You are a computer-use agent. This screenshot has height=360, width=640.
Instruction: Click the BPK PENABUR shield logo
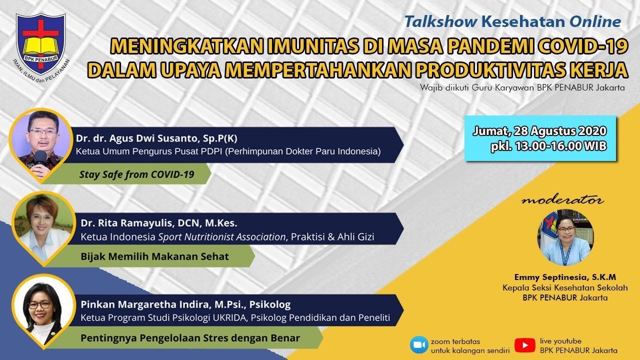pyautogui.click(x=41, y=43)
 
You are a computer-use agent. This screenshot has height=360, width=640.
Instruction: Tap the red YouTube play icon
pyautogui.click(x=525, y=345)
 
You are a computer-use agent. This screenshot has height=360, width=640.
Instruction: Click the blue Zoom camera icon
pyautogui.click(x=419, y=345)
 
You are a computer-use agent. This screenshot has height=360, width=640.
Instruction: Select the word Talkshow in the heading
pyautogui.click(x=441, y=22)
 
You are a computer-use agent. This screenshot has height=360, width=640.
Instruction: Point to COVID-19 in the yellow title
pyautogui.click(x=581, y=46)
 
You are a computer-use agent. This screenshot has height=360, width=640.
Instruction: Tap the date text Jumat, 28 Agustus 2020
pyautogui.click(x=539, y=131)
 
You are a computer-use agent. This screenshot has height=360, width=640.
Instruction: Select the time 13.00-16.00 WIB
pyautogui.click(x=561, y=146)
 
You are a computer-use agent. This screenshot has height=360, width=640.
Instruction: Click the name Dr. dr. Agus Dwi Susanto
pyautogui.click(x=136, y=138)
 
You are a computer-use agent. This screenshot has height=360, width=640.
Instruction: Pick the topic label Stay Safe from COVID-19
pyautogui.click(x=137, y=174)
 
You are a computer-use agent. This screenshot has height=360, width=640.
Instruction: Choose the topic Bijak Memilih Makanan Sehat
pyautogui.click(x=154, y=256)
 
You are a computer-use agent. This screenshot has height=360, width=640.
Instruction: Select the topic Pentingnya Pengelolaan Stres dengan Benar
pyautogui.click(x=190, y=338)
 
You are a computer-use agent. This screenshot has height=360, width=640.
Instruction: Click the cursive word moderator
pyautogui.click(x=562, y=200)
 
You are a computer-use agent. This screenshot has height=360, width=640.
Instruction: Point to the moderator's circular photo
pyautogui.click(x=565, y=237)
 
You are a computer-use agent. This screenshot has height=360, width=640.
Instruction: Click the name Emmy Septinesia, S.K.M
pyautogui.click(x=565, y=277)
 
